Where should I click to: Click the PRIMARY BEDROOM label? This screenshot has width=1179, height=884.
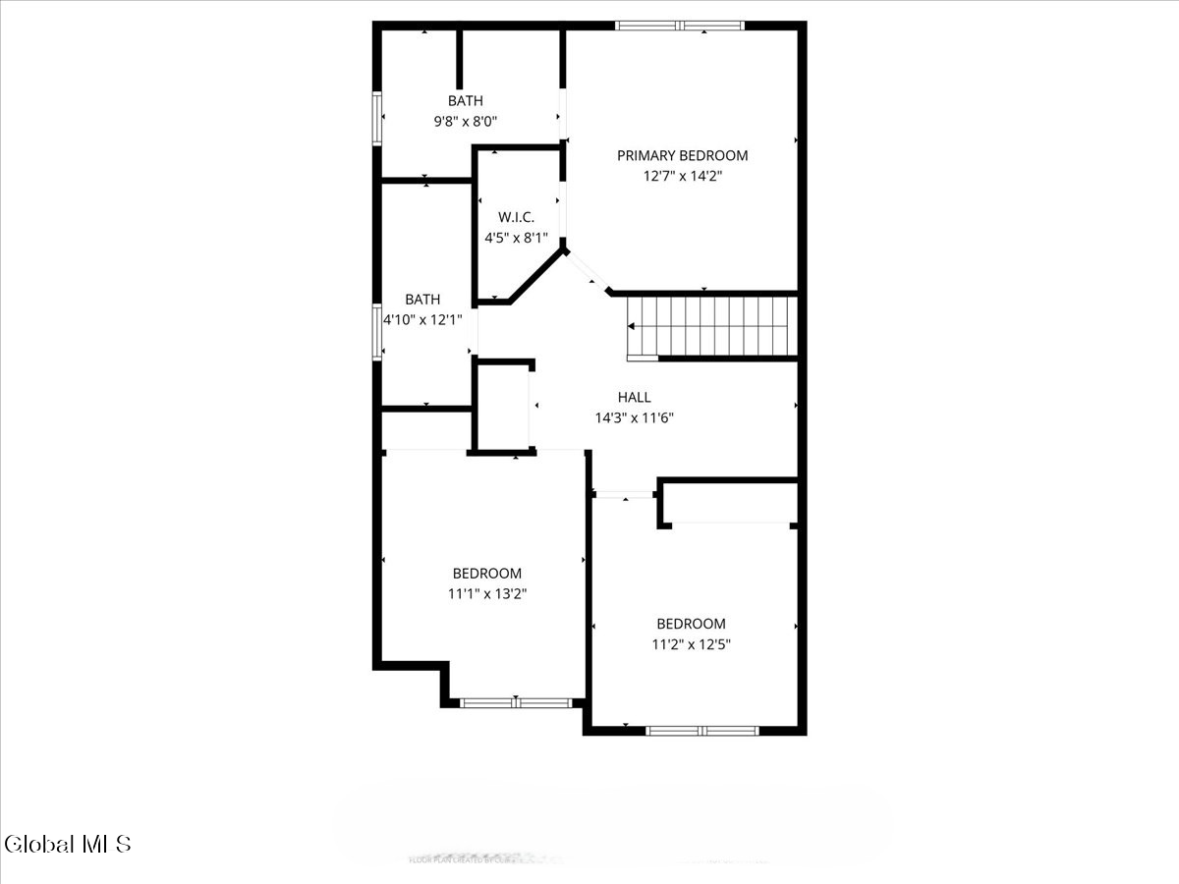[682, 155]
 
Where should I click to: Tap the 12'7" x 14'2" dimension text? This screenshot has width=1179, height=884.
[682, 177]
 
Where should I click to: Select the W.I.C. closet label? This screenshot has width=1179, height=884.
[516, 216]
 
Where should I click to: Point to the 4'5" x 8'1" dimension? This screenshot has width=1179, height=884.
[516, 238]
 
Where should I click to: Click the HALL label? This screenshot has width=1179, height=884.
[634, 397]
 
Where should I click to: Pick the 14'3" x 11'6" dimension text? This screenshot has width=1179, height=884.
[634, 417]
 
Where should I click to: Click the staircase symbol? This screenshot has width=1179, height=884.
[711, 326]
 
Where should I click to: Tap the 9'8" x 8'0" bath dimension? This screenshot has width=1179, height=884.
[466, 122]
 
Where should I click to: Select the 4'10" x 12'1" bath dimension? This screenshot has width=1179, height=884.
[422, 319]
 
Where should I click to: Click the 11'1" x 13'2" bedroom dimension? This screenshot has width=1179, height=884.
[487, 593]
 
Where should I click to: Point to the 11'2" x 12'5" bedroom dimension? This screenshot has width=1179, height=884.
[691, 644]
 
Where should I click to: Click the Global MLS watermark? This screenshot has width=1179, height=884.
[67, 844]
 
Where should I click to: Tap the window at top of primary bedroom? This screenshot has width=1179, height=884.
[680, 26]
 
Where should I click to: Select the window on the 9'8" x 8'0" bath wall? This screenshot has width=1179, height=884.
[376, 119]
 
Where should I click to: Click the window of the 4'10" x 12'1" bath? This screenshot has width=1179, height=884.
[376, 330]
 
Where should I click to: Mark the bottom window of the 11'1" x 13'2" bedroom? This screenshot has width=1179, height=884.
[516, 702]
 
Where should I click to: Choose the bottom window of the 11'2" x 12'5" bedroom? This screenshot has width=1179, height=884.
[702, 730]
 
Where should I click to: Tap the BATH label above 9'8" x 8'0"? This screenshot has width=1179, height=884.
[466, 100]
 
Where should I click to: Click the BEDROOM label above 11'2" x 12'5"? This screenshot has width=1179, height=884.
[691, 624]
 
